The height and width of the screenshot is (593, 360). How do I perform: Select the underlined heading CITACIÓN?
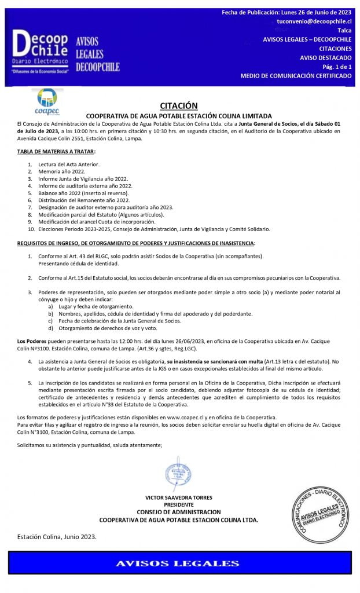click(x=179, y=105)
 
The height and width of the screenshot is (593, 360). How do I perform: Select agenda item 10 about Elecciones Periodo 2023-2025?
click(x=153, y=229)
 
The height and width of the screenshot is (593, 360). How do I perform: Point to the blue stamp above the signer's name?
click(x=179, y=475)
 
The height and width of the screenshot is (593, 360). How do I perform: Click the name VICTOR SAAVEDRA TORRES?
click(x=179, y=497)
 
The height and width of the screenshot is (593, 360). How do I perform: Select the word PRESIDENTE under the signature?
click(x=179, y=504)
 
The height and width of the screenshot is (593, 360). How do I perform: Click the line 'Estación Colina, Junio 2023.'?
click(x=57, y=536)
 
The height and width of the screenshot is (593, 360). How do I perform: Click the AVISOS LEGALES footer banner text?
click(x=178, y=563)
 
